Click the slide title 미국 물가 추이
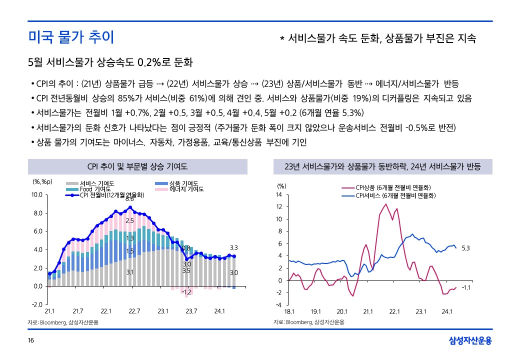coord(71,37)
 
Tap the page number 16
coord(31,340)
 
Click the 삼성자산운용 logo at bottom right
coord(470,340)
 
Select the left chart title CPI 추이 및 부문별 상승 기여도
coord(137,166)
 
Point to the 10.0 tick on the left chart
coord(37,194)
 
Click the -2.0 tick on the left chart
coord(37,304)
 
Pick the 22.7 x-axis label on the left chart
coord(134,311)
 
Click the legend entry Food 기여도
coord(95,189)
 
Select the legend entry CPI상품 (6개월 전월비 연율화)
coord(393,187)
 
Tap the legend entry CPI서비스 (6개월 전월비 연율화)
coord(395,195)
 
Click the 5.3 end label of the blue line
coord(465,248)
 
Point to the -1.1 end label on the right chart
coord(465,287)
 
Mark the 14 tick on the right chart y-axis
coord(279,194)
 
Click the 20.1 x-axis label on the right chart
coord(342,311)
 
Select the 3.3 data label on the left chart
coord(234,247)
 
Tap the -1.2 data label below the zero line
coord(187,292)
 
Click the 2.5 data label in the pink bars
coord(129,221)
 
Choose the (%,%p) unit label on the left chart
coord(42,182)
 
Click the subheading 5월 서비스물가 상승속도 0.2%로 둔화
coord(110,62)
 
